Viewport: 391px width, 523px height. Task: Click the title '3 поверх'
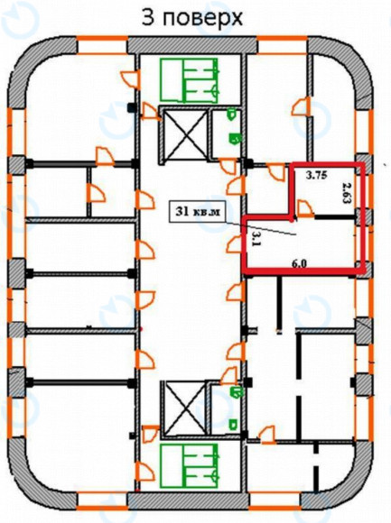click(192, 18)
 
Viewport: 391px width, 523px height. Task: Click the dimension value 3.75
click(316, 176)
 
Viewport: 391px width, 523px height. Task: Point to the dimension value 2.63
click(348, 192)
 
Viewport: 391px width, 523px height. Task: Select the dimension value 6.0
click(299, 264)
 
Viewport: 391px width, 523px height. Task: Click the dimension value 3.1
click(256, 236)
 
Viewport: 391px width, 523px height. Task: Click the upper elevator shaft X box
click(185, 133)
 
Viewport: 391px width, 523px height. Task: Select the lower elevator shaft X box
click(185, 408)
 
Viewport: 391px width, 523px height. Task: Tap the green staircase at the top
click(189, 79)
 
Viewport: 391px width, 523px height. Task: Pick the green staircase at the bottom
click(189, 465)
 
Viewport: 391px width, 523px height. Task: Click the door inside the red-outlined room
click(305, 208)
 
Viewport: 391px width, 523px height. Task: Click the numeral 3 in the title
click(149, 18)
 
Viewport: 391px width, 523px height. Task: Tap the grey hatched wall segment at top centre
click(192, 45)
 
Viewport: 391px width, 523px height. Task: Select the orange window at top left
click(103, 45)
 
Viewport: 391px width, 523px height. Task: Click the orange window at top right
click(282, 45)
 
